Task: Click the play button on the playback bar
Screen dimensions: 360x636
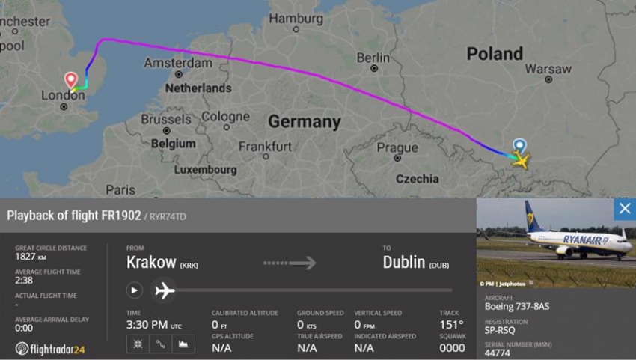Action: click(x=135, y=290)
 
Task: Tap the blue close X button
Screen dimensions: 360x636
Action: click(x=624, y=210)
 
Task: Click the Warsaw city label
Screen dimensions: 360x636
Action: click(x=548, y=69)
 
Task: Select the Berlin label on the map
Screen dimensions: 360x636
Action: click(x=373, y=58)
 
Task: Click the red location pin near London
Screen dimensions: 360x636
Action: click(x=71, y=79)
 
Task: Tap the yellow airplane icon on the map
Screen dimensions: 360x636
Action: click(x=521, y=160)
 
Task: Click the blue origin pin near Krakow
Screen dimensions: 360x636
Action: click(x=519, y=146)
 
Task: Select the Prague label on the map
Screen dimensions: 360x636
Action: click(x=397, y=147)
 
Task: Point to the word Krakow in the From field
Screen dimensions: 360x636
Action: click(x=151, y=263)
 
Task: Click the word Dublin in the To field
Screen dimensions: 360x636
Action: click(x=404, y=263)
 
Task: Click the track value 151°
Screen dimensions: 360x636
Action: click(x=451, y=324)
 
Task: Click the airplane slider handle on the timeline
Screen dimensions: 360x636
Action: click(x=164, y=290)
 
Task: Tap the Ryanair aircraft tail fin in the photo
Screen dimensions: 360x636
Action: click(x=534, y=217)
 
